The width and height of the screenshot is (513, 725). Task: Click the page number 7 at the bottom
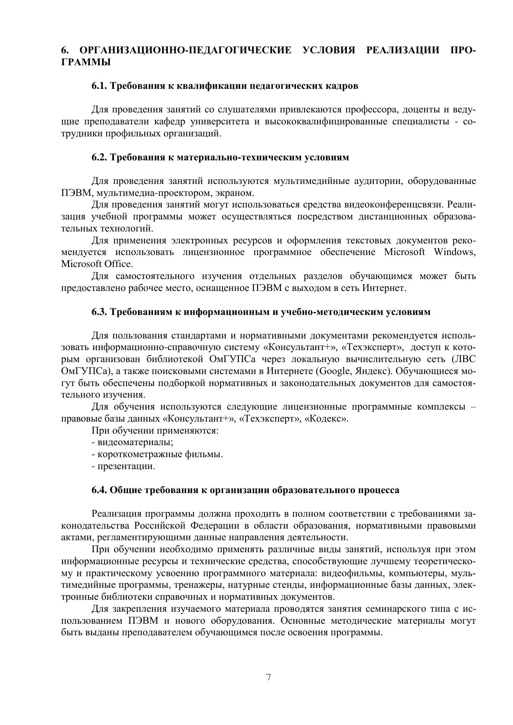tap(268, 677)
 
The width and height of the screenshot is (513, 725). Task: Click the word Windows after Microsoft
tap(454, 252)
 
